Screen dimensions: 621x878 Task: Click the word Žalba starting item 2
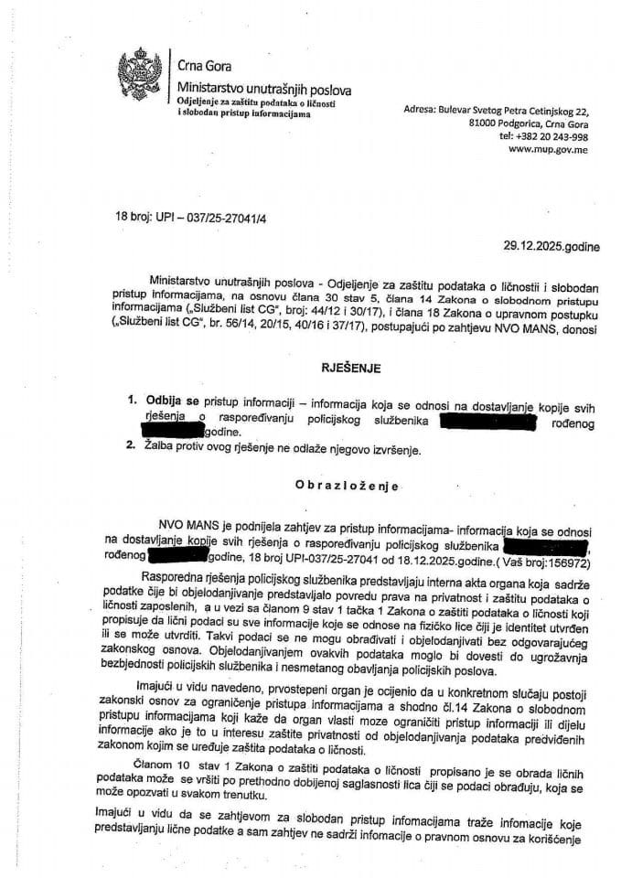pos(165,448)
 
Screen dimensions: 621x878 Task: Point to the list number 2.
pos(132,448)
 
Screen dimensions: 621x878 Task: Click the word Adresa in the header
pos(421,109)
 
